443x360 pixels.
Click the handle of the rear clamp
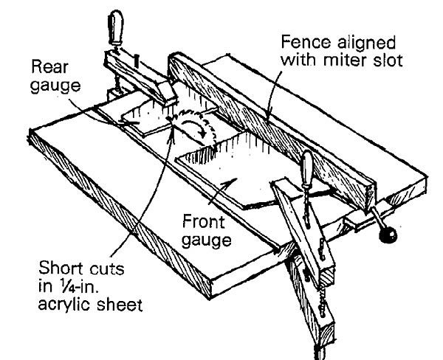(x=116, y=27)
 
